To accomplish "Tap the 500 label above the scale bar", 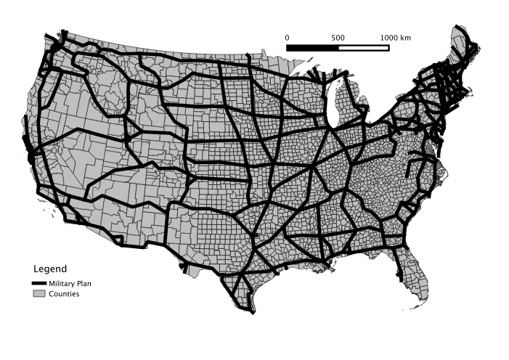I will click(x=338, y=37).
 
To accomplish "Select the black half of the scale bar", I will click(x=312, y=48).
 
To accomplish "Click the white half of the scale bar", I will click(x=363, y=48).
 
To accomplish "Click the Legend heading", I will click(x=50, y=269).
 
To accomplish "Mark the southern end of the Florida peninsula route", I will click(x=400, y=279).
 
